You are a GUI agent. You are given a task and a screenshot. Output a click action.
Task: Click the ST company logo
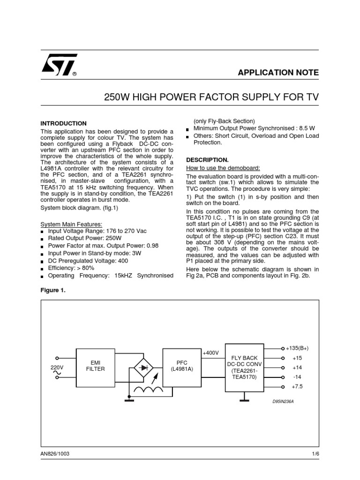coord(59,67)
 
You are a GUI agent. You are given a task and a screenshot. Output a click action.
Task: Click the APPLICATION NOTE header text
coord(278,73)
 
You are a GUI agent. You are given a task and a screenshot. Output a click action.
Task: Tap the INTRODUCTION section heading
coord(63,123)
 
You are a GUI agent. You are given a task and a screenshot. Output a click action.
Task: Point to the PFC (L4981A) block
coord(181,366)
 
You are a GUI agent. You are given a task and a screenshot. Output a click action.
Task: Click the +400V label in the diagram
coord(211,352)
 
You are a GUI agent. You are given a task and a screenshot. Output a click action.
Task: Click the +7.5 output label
coord(297,387)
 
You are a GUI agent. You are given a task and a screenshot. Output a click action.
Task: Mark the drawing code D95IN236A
coord(286,402)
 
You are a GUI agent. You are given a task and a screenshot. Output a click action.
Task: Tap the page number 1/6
coord(315,454)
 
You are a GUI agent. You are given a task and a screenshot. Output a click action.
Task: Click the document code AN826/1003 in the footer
coord(55,454)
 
